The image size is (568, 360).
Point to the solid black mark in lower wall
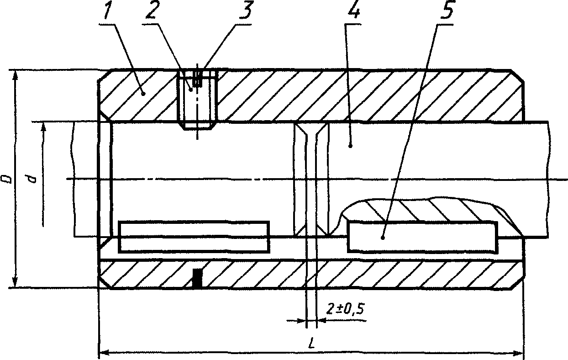coord(197,278)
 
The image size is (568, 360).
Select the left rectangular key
coord(194,236)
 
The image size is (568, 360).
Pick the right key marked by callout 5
coord(422,236)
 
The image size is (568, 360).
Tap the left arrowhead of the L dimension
coord(103,353)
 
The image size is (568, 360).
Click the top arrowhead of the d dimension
coord(44,126)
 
